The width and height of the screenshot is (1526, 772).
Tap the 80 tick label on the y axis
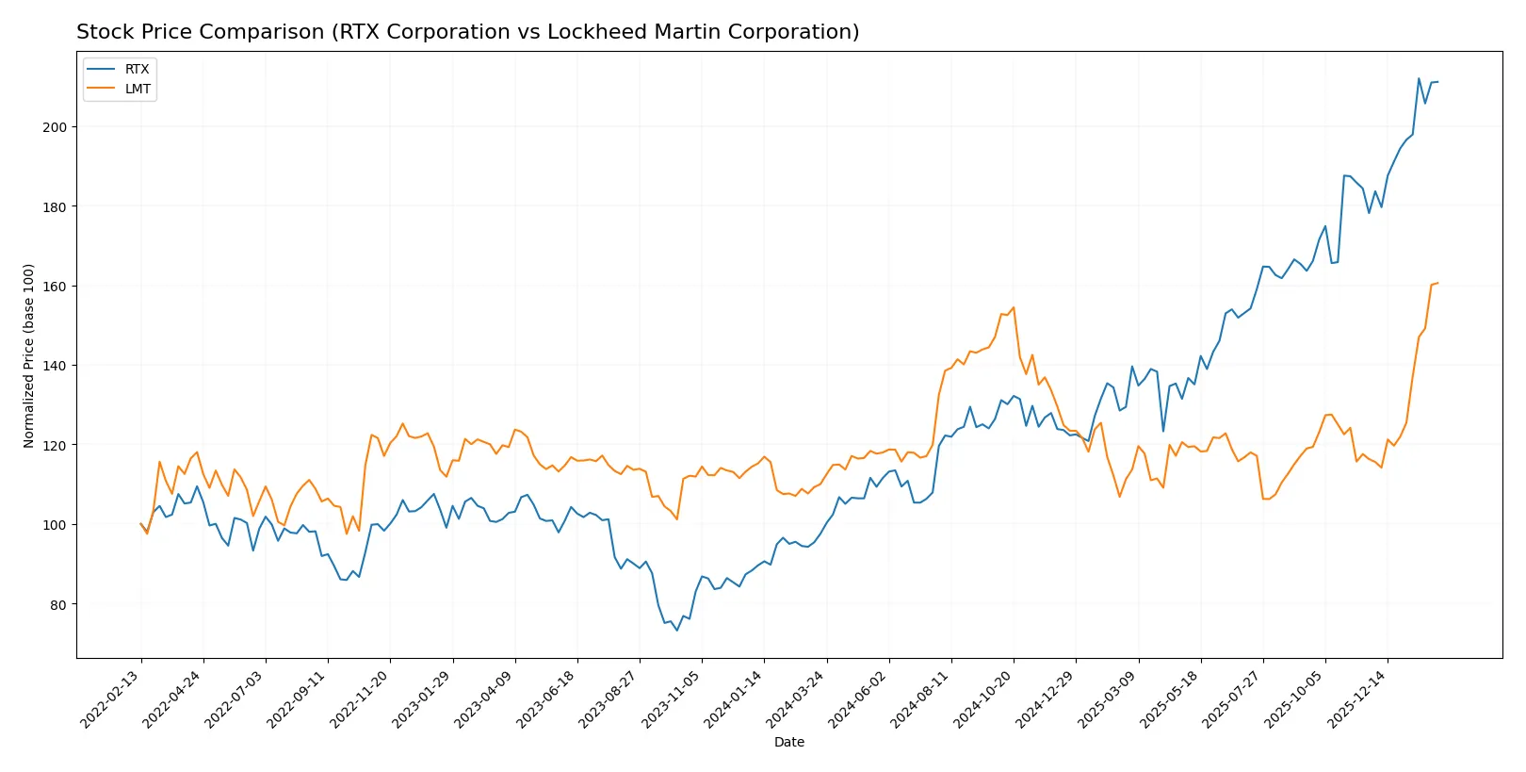tap(57, 604)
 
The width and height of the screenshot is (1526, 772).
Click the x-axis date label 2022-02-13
tap(112, 699)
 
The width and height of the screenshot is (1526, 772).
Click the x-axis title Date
tap(788, 742)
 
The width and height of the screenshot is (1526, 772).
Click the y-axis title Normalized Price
tap(29, 355)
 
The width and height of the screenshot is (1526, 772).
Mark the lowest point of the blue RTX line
tap(676, 631)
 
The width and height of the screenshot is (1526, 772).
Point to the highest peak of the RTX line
tap(1419, 78)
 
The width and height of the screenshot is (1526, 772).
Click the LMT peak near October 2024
tap(1013, 307)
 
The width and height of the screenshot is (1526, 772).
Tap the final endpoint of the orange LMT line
tap(1437, 283)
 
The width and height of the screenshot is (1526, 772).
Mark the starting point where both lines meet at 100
tap(141, 524)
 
